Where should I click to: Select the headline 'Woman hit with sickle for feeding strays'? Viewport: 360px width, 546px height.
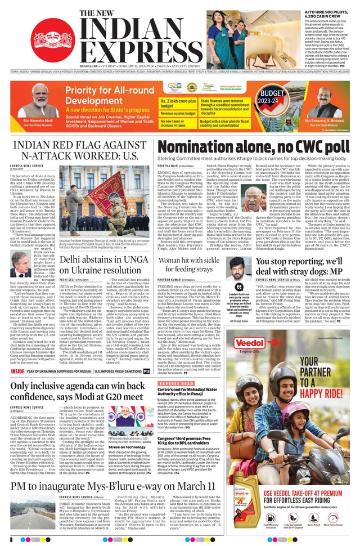tap(199, 265)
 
